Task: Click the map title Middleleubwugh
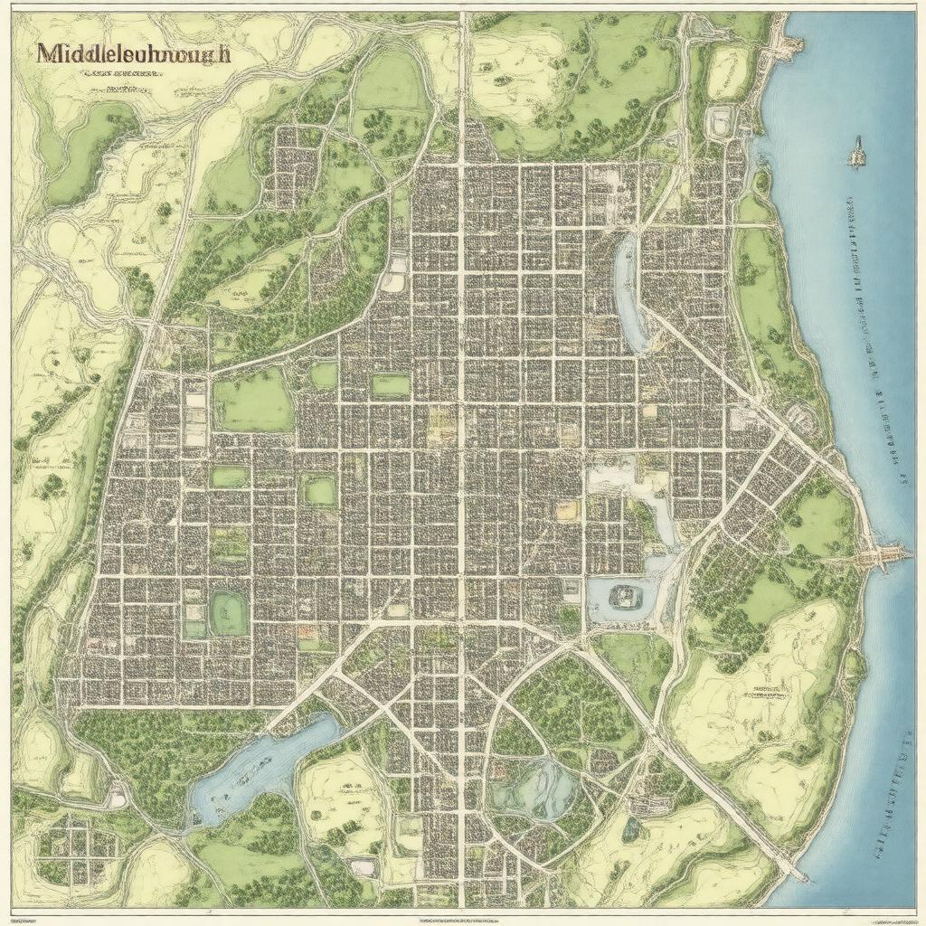coord(134,52)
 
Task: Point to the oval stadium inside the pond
coord(623,596)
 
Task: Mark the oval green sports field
coord(229,613)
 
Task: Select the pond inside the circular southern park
coord(534,787)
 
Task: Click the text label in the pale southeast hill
coord(765,694)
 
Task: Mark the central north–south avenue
coord(461,452)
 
